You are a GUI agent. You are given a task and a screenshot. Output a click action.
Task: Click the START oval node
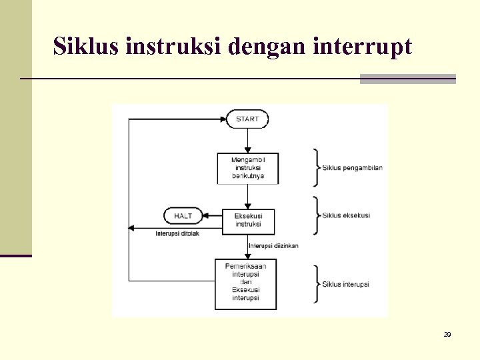(247, 119)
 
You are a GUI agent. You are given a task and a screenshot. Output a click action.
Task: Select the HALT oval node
(183, 216)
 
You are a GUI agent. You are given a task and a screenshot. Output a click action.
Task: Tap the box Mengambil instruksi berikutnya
(247, 168)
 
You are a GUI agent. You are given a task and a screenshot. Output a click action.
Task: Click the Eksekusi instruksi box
(248, 219)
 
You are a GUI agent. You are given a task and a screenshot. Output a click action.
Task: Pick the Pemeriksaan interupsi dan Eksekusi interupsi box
(245, 284)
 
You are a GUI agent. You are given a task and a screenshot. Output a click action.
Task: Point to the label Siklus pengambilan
(352, 167)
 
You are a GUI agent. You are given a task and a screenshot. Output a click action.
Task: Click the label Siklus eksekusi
(345, 215)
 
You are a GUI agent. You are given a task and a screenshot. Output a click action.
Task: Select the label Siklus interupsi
(345, 284)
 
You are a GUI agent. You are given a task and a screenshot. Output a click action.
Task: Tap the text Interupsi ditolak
(177, 233)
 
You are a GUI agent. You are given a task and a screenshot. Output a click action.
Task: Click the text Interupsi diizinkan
(273, 245)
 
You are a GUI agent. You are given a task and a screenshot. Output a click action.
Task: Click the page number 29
(447, 334)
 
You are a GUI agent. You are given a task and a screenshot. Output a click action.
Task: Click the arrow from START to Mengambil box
(247, 140)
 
